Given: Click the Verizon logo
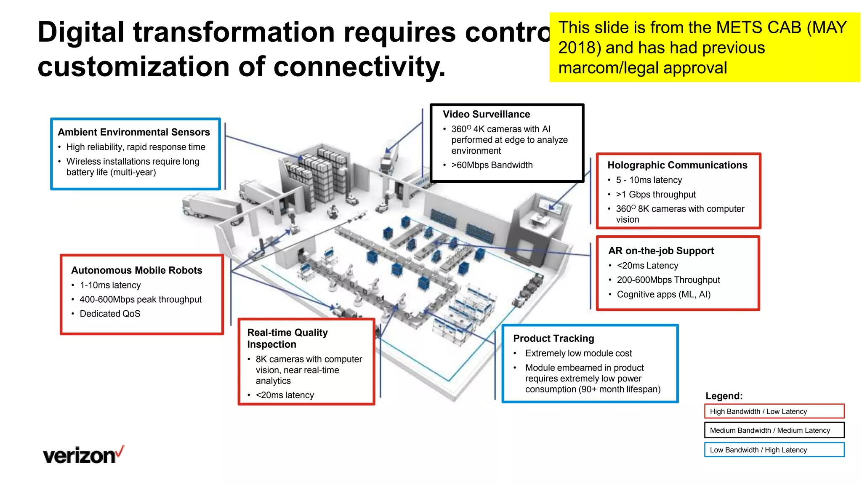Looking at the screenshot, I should (83, 455).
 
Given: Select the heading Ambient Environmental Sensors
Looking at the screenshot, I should (134, 132).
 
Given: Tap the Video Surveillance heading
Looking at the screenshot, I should (486, 114).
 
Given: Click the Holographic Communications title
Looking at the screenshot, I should (677, 165).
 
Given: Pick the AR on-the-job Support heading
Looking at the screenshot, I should (661, 251).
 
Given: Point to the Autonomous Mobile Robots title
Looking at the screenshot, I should (136, 270).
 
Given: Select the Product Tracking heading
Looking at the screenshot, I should (553, 338).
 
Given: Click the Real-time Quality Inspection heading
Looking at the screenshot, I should (287, 338).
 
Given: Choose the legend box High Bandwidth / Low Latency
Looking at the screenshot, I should (774, 411).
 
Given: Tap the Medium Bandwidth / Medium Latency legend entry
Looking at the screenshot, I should (774, 430).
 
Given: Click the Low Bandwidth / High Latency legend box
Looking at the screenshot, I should (774, 450).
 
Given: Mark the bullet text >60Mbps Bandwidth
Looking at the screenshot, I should (492, 165).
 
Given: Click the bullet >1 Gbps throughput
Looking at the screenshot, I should (655, 195).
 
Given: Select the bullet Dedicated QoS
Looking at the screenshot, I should (110, 314).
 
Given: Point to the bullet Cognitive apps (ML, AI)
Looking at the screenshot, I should (663, 294).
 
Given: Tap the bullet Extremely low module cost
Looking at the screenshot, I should (578, 353).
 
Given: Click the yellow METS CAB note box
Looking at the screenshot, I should (704, 47).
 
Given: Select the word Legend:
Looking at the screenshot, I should (724, 396).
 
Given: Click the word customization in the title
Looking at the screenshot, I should (134, 67).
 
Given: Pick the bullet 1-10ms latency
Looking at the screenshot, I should (110, 285).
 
